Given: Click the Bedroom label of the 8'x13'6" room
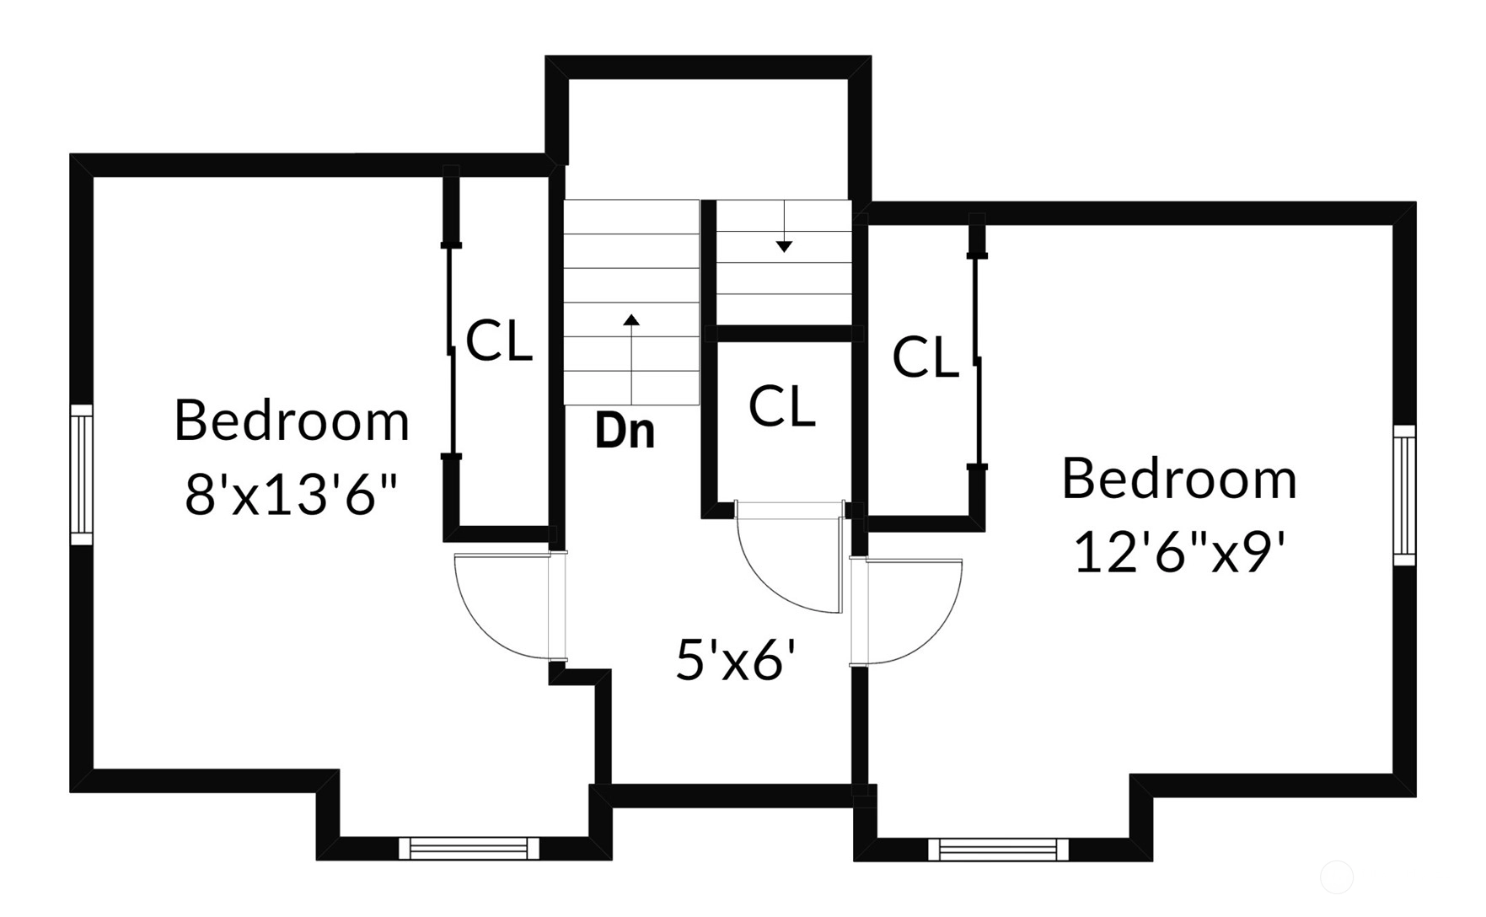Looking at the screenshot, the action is tap(292, 421).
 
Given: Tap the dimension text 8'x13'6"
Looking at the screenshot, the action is tap(292, 494).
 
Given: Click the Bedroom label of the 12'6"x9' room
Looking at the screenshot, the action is tap(1179, 479).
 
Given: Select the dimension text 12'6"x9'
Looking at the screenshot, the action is tap(1179, 553).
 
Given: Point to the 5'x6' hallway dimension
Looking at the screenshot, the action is tap(737, 658).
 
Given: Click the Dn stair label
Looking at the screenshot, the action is tap(625, 431).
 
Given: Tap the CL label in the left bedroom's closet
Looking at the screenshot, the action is tap(499, 341).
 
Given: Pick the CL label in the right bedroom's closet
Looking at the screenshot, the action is tap(925, 357).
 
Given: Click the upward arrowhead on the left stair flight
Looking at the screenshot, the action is tap(631, 319).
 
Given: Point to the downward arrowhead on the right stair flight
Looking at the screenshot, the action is tap(784, 247).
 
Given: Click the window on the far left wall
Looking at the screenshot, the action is tap(81, 475).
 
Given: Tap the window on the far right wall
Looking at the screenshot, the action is tap(1404, 496).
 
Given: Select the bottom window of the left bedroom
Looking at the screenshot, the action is tap(469, 849).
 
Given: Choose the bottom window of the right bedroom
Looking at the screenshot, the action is tap(999, 850).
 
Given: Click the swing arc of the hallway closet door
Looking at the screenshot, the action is tap(769, 581).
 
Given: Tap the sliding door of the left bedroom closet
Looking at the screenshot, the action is tap(451, 351).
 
